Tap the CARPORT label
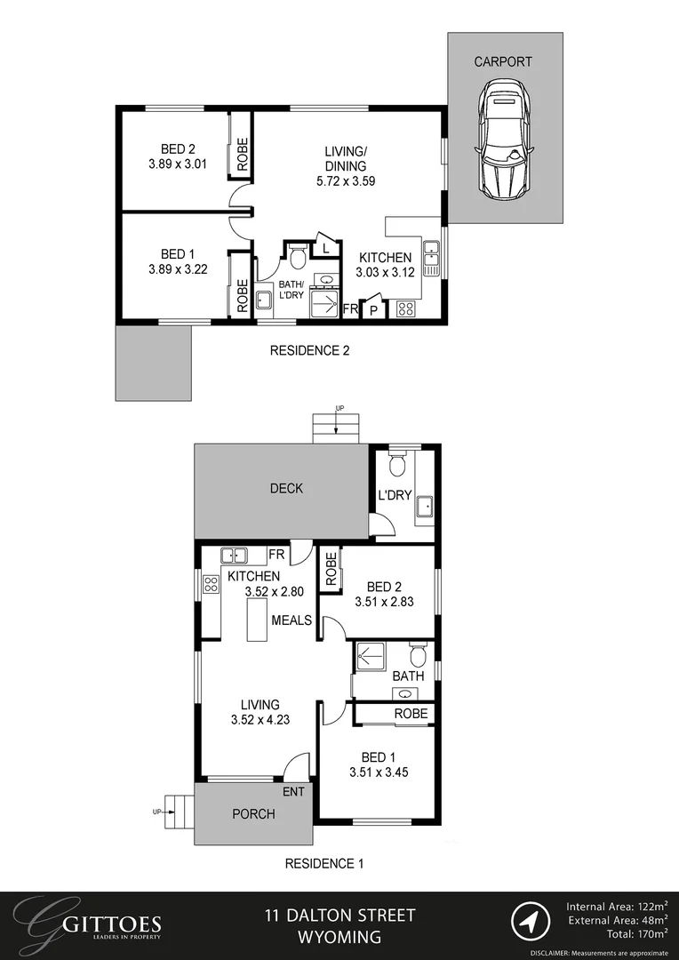click(503, 62)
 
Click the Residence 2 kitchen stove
click(405, 309)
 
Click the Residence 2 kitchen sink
click(432, 257)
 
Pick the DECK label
click(286, 488)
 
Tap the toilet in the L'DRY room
click(397, 464)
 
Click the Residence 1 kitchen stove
click(211, 584)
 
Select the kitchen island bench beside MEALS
click(258, 620)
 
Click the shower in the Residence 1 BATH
click(367, 656)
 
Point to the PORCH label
click(253, 813)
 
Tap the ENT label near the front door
click(294, 791)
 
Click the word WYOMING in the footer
click(340, 937)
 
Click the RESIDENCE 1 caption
click(324, 863)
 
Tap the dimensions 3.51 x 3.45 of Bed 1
click(379, 772)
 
